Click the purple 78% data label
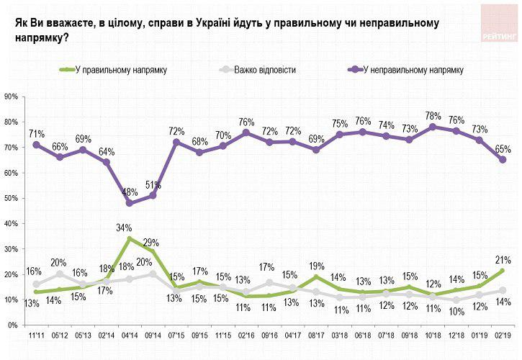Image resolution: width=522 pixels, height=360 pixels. tap(433, 115)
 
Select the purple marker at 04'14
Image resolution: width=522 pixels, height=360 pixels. tap(130, 203)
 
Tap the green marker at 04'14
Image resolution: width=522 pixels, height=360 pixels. tap(130, 238)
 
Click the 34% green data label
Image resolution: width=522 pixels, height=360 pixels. tap(125, 228)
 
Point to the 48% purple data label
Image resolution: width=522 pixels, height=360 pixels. tap(130, 192)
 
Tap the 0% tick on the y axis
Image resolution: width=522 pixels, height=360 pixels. tap(13, 325)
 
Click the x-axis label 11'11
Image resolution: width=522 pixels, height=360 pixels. tap(37, 336)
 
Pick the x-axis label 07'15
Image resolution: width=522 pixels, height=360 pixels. tap(176, 336)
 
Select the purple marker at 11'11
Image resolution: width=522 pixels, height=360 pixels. tap(37, 145)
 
